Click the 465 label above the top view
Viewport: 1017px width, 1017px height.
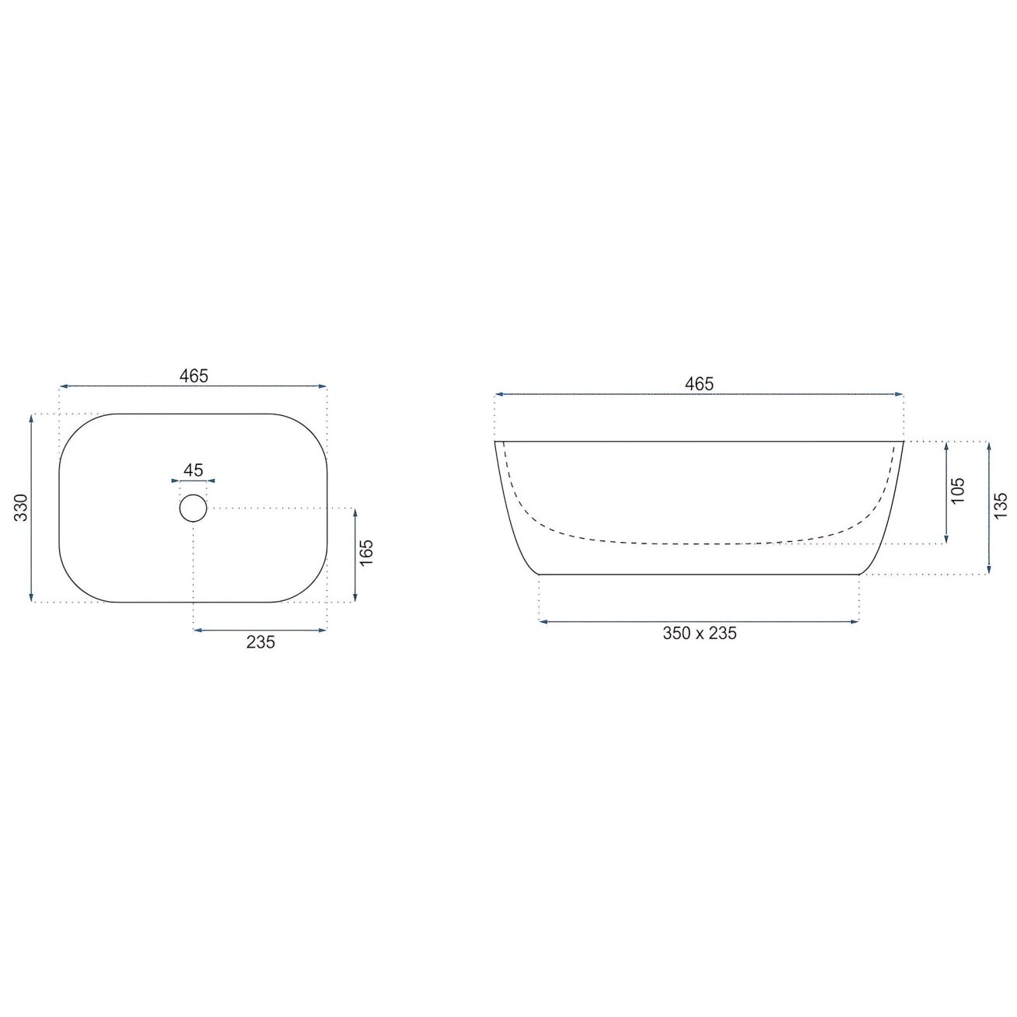click(x=194, y=376)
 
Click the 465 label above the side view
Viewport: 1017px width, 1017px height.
click(x=699, y=383)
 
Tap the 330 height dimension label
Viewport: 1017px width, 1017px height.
click(x=20, y=507)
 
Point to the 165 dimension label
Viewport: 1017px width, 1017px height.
click(x=366, y=553)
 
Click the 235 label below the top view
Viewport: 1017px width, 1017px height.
click(x=260, y=641)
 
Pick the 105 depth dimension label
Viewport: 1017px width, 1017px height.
click(x=957, y=491)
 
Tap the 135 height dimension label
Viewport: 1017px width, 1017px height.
click(x=1001, y=505)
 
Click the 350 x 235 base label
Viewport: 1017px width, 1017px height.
click(x=699, y=633)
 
